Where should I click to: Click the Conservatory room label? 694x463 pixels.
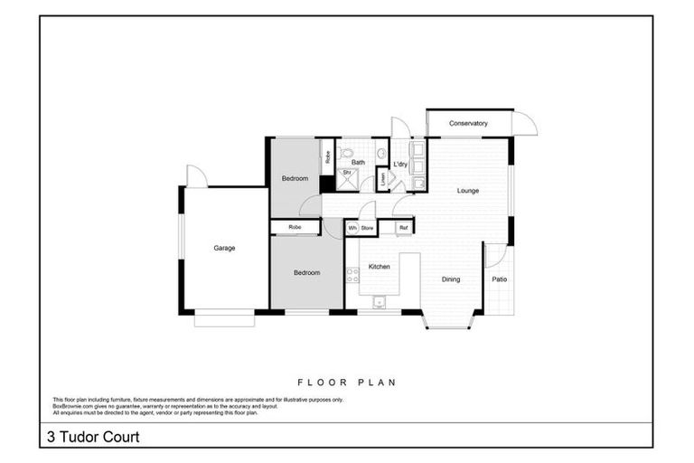(x=468, y=123)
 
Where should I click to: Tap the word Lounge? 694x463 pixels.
(x=467, y=191)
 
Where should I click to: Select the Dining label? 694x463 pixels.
(x=450, y=279)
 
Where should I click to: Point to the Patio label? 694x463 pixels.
(x=499, y=279)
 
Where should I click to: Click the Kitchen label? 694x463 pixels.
(x=379, y=267)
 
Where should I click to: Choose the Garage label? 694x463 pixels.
(x=224, y=248)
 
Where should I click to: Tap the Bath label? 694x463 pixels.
(x=358, y=163)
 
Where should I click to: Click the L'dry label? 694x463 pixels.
(x=400, y=164)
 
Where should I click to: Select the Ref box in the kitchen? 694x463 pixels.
(x=403, y=228)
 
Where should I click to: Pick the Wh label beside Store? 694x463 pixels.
(x=352, y=228)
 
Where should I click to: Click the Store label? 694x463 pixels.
(x=367, y=228)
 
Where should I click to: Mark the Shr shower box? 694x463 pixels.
(x=346, y=173)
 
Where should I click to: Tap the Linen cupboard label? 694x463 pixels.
(x=383, y=180)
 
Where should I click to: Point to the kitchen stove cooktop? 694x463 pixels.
(x=352, y=275)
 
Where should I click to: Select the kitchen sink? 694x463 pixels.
(x=380, y=302)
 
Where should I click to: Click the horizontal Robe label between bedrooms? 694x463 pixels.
(x=295, y=227)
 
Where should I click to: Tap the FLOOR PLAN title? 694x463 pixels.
(x=346, y=383)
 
